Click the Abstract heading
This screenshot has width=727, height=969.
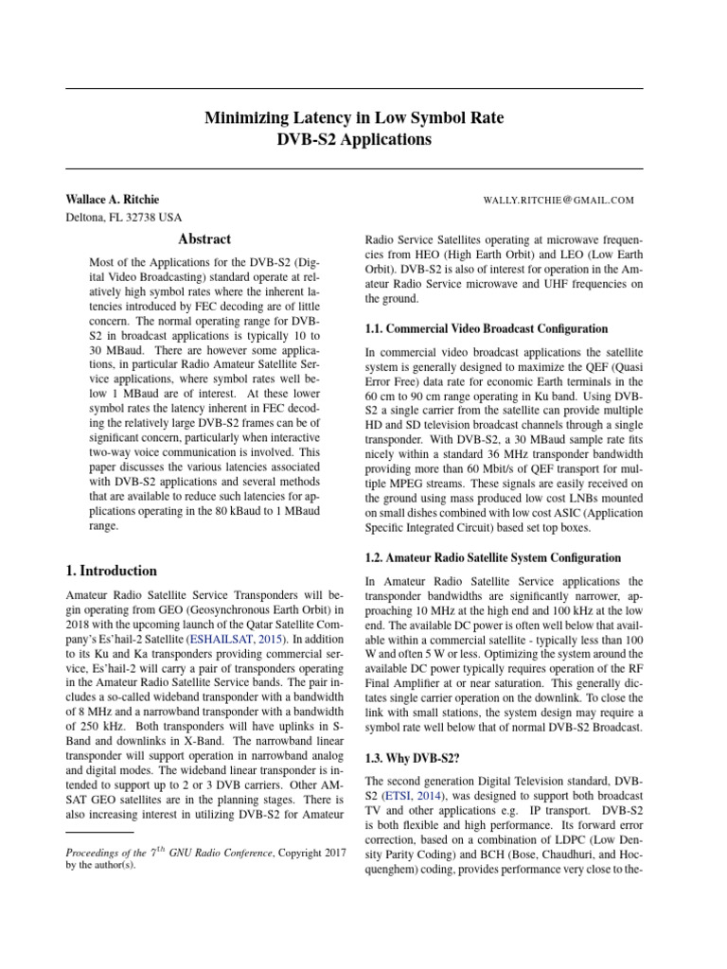[204, 239]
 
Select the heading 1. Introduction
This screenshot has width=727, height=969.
[111, 571]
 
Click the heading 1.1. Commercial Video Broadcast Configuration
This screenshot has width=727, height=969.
[487, 329]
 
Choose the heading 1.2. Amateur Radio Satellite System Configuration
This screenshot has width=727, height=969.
[493, 558]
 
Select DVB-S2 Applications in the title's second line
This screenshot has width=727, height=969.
[354, 140]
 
